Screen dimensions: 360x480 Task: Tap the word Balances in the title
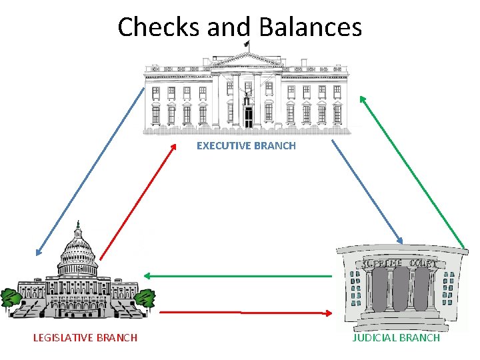(x=311, y=27)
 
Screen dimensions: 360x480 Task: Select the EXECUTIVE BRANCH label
(x=246, y=145)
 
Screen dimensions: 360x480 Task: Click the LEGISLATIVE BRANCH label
(x=85, y=337)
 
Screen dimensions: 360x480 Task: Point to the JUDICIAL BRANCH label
(x=396, y=337)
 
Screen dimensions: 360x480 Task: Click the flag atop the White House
(x=247, y=44)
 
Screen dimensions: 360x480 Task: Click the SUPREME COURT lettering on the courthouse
(x=400, y=263)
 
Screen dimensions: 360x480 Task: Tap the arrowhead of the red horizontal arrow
(x=329, y=312)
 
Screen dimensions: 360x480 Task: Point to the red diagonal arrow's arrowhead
(x=173, y=147)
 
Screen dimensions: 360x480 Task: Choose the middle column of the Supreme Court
(x=400, y=289)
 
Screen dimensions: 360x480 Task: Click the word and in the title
(x=229, y=27)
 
